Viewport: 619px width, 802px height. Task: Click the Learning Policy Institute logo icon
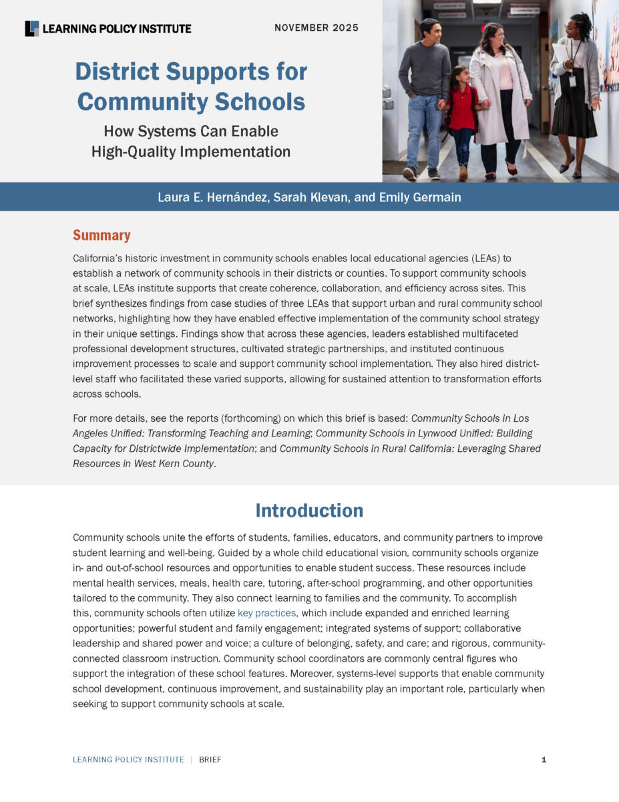pyautogui.click(x=32, y=28)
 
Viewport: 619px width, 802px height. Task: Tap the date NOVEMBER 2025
pyautogui.click(x=317, y=28)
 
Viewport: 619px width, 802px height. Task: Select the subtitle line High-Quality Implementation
pyautogui.click(x=191, y=152)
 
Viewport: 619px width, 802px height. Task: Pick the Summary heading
pyautogui.click(x=101, y=235)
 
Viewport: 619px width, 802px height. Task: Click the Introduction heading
pyautogui.click(x=309, y=511)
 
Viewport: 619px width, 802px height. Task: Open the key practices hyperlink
pyautogui.click(x=266, y=613)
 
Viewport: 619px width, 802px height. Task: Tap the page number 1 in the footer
pyautogui.click(x=544, y=760)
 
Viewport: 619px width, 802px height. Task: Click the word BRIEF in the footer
pyautogui.click(x=210, y=760)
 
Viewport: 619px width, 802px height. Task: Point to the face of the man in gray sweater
pyautogui.click(x=429, y=31)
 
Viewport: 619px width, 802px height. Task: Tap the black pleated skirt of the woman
pyautogui.click(x=574, y=120)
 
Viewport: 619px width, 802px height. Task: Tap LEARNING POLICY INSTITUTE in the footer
pyautogui.click(x=128, y=760)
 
